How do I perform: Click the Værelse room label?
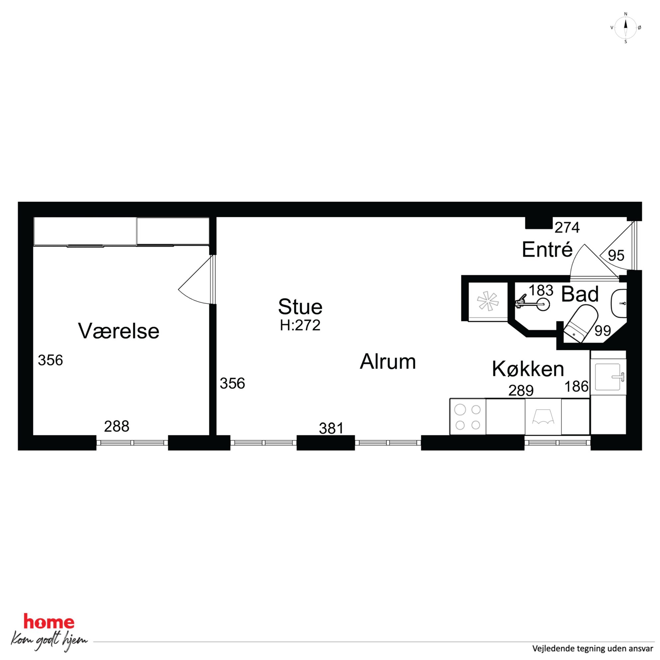[118, 331]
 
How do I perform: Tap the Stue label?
[300, 306]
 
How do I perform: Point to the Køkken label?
[528, 369]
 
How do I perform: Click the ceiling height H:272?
[300, 326]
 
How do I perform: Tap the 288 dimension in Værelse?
[117, 426]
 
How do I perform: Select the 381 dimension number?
[331, 428]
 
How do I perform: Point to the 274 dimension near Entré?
[567, 228]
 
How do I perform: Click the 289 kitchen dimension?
[521, 391]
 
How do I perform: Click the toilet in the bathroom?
[580, 323]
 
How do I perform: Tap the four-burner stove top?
[468, 417]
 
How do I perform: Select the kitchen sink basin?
[608, 377]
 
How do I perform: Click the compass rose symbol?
[625, 28]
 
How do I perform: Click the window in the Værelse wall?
[132, 443]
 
